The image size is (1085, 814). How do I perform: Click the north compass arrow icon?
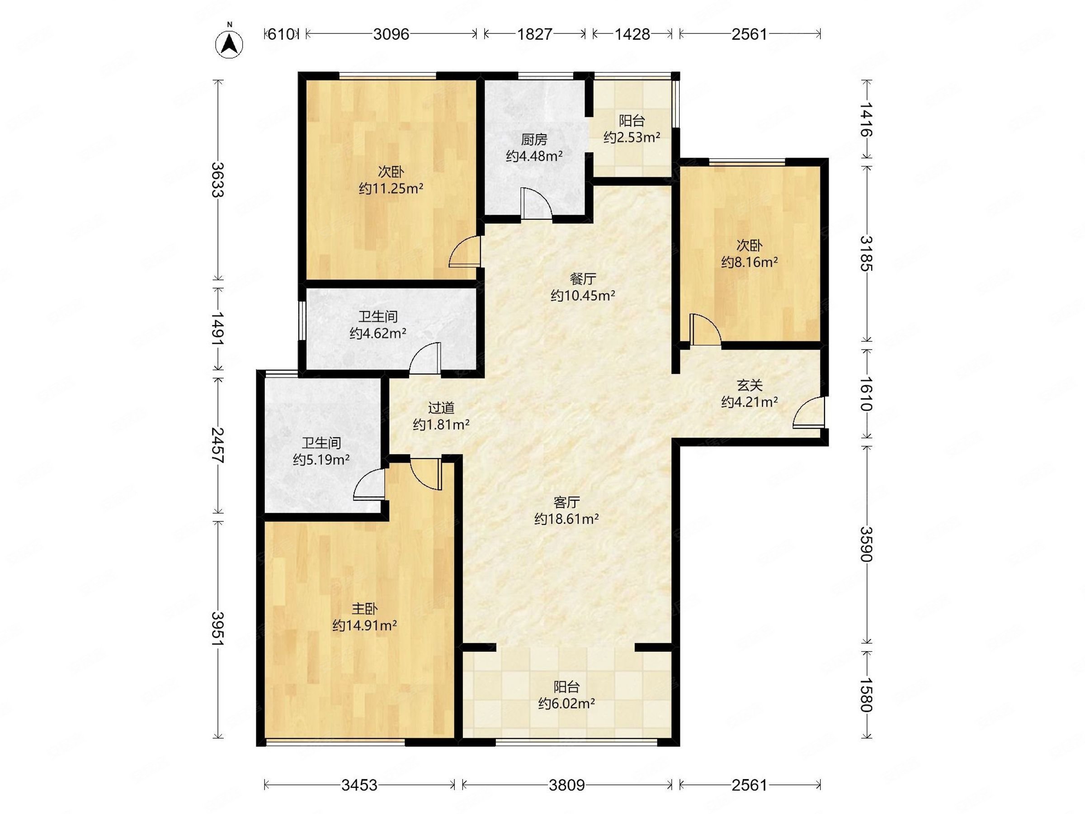click(x=229, y=44)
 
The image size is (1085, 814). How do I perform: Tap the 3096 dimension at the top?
click(x=391, y=34)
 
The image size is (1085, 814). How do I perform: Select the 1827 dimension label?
click(x=535, y=34)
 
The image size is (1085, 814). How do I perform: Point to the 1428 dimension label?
click(x=632, y=34)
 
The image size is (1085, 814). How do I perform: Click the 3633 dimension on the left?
click(x=217, y=179)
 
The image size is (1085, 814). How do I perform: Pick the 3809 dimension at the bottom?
click(x=566, y=785)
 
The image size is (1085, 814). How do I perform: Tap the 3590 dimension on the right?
click(x=867, y=544)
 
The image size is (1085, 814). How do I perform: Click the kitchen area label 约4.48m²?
click(x=534, y=156)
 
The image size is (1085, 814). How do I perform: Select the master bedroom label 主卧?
click(x=364, y=609)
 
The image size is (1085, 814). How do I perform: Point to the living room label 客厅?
click(x=566, y=502)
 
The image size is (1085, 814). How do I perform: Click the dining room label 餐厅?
click(x=583, y=279)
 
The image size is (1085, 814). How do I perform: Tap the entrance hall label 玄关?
click(x=749, y=385)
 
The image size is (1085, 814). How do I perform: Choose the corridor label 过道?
click(x=441, y=408)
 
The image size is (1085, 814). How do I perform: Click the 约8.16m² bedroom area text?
click(x=749, y=262)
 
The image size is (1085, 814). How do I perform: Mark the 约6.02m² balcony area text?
click(x=566, y=704)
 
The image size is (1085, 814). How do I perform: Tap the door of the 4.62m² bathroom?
click(x=425, y=358)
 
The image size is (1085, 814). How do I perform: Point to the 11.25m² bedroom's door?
click(x=464, y=251)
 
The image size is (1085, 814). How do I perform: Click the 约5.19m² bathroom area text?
click(x=321, y=460)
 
